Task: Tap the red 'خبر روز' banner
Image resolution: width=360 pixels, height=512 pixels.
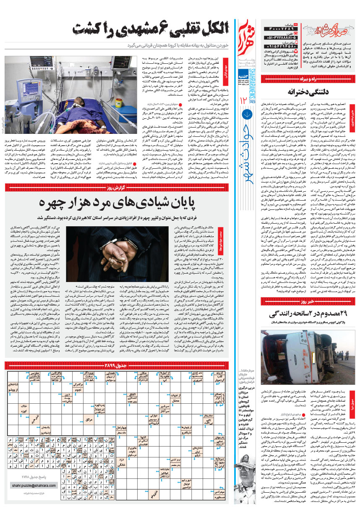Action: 308,301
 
